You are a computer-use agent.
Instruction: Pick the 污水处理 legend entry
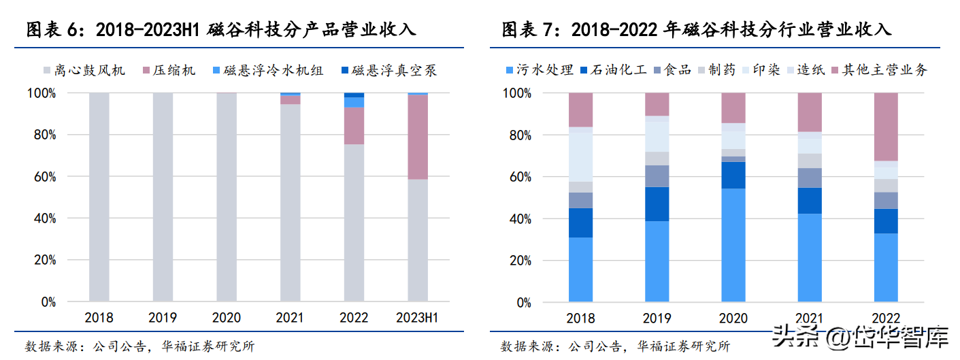pos(537,69)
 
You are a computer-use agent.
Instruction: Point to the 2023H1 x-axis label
pos(417,318)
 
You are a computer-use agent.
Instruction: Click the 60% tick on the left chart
pos(44,177)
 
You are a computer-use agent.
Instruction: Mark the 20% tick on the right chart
pos(519,261)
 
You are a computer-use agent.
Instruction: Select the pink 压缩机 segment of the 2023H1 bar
pos(418,137)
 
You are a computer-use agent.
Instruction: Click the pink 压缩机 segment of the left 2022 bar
pos(354,125)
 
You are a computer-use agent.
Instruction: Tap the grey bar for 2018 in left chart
pos(99,197)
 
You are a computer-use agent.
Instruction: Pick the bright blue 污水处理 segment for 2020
pos(734,245)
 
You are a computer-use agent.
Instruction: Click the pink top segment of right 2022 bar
pos(887,127)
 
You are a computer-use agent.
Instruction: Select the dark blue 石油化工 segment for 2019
pos(657,204)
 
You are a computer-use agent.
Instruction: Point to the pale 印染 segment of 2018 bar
pos(581,157)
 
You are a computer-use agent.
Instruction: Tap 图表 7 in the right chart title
pos(527,30)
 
